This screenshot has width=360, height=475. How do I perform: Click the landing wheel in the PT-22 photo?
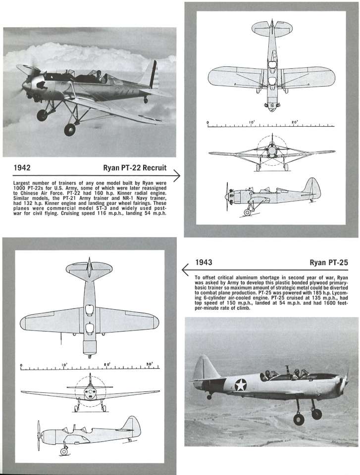click(70, 130)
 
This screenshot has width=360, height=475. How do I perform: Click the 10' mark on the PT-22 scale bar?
click(252, 122)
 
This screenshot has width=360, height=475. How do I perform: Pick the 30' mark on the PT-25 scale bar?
click(150, 365)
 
